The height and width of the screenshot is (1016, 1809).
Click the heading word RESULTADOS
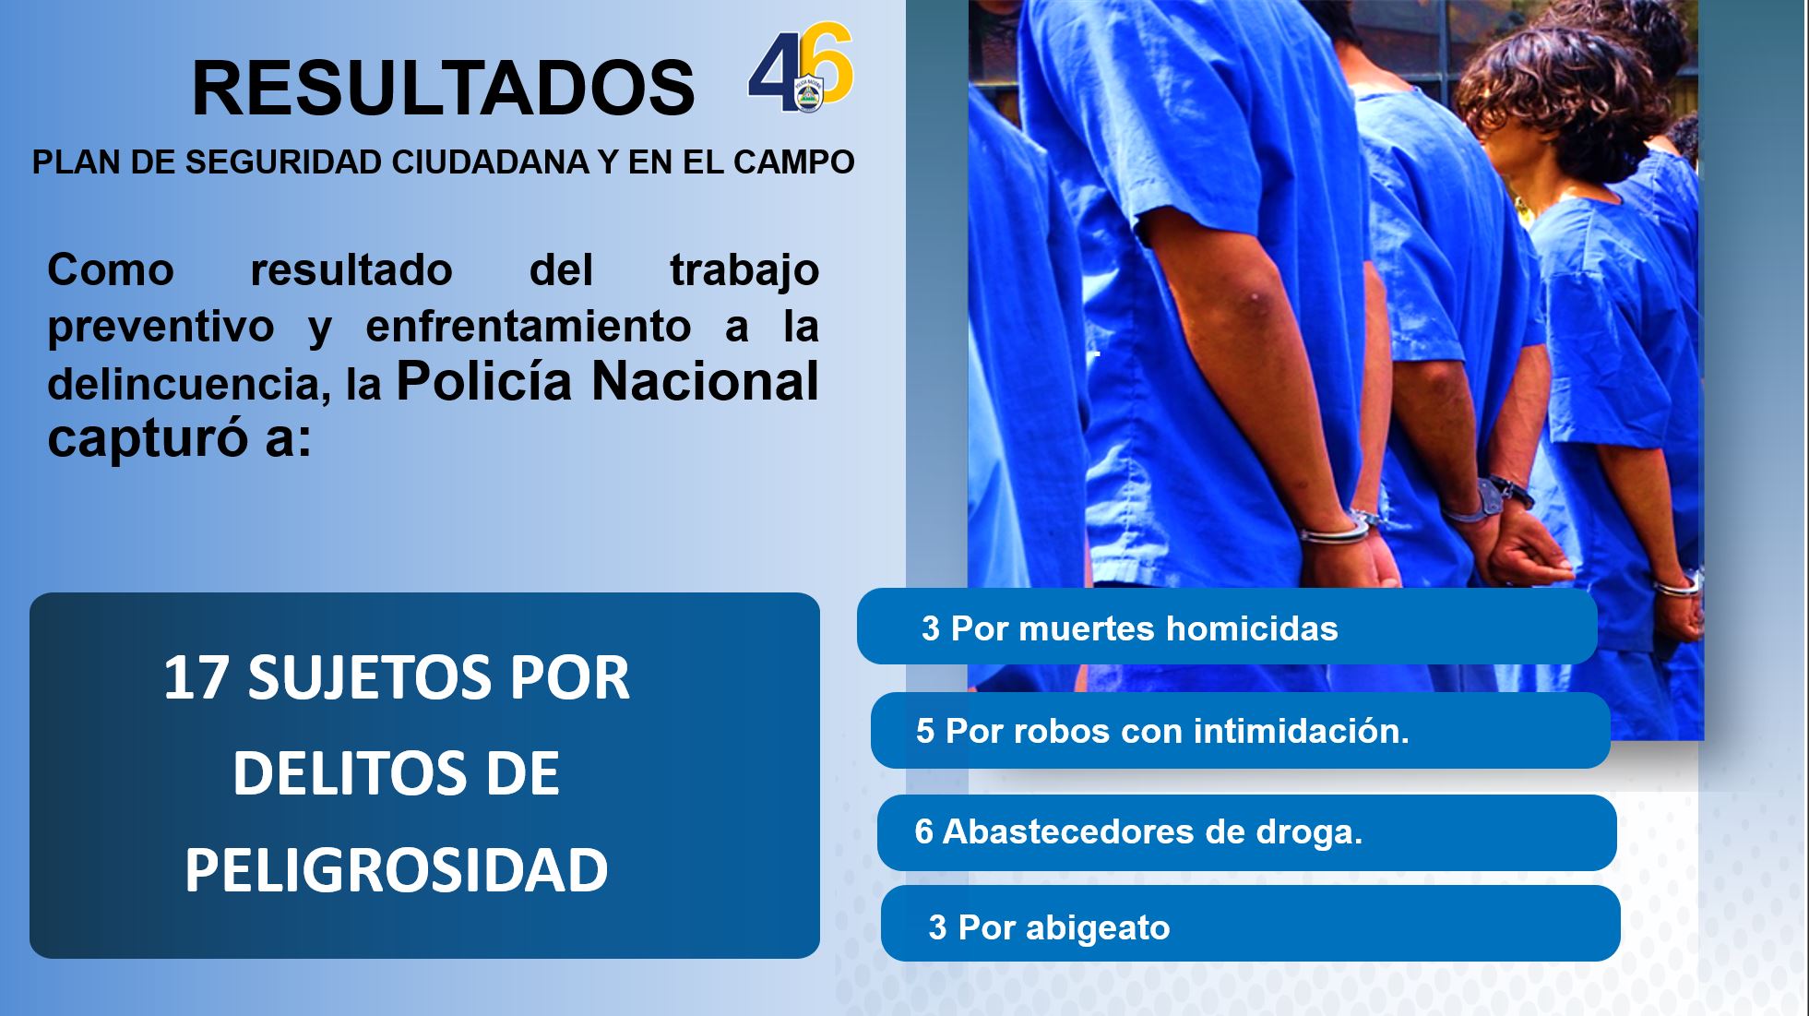point(443,89)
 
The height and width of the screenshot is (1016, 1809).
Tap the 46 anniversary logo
point(801,68)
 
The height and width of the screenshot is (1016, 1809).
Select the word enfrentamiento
point(529,326)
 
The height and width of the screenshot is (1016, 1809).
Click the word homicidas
point(1252,628)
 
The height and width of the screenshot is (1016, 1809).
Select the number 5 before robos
point(925,731)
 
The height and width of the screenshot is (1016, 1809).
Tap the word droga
point(1309,831)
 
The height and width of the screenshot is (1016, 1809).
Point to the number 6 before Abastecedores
point(924,831)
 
